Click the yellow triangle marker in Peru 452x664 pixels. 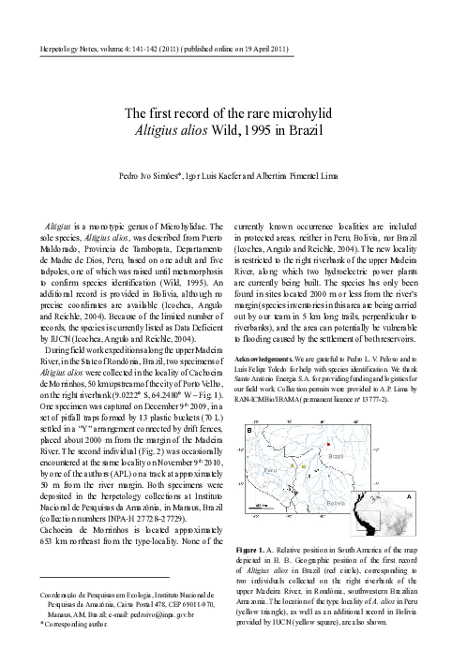(x=293, y=465)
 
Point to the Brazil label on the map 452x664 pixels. (x=336, y=457)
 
